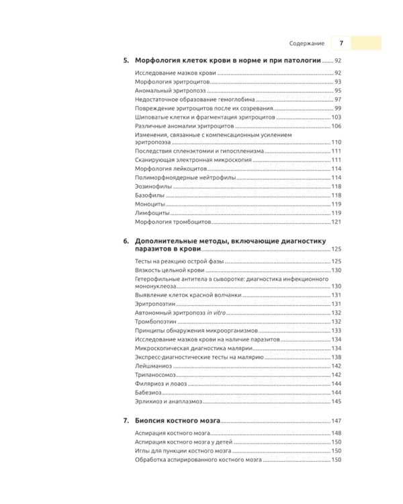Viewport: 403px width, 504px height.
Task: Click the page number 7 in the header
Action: tap(341, 43)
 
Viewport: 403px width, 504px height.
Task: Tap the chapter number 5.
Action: tap(126, 60)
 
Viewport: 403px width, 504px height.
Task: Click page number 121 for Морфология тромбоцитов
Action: tap(337, 222)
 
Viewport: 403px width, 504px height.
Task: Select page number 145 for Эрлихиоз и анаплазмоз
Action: tap(337, 401)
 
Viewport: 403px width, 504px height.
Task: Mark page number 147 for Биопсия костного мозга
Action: tap(337, 421)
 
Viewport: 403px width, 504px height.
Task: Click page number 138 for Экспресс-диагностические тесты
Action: tap(337, 358)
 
